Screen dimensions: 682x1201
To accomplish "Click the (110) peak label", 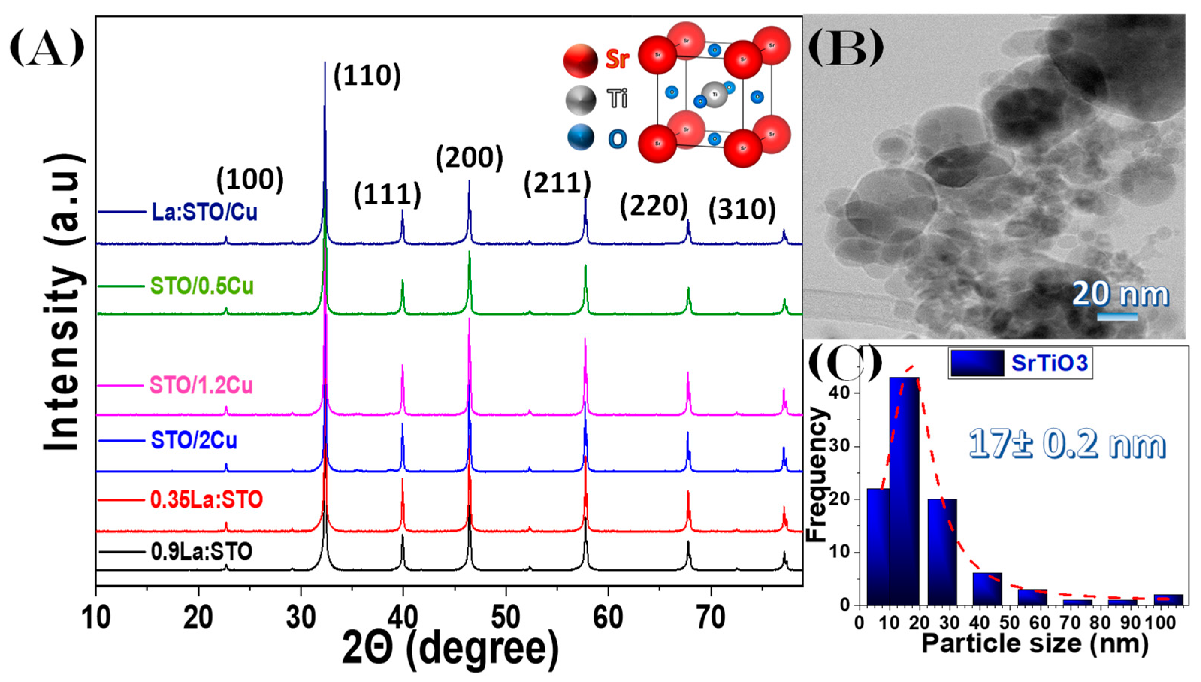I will (367, 76).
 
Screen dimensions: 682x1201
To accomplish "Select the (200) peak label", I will (469, 158).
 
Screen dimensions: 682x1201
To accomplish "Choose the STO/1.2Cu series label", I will (201, 386).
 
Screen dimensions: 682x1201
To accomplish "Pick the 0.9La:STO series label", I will (201, 552).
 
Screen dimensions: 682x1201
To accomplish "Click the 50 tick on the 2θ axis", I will (506, 618).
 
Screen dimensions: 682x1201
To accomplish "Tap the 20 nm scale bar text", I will (1120, 294).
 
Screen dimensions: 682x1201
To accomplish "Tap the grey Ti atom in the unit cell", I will (715, 95).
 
